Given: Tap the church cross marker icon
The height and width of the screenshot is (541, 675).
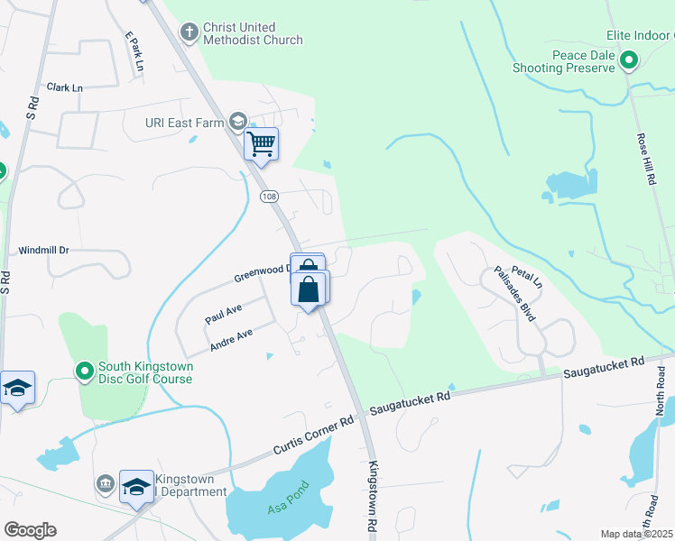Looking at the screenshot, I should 189,33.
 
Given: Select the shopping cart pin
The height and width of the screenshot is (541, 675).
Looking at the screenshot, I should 261,143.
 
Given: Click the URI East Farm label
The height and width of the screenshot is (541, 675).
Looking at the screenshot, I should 184,122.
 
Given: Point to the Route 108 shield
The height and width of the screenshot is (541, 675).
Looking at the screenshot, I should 268,196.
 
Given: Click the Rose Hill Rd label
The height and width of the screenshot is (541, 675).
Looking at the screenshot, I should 646,160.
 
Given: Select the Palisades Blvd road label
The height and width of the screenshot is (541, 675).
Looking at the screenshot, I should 515,294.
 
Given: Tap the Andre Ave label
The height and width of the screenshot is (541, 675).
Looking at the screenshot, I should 231,337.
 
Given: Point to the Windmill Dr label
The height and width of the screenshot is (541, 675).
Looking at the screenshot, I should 44,249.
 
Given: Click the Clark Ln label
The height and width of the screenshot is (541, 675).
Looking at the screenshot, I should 65,87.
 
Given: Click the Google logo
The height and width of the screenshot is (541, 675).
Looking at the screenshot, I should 30,530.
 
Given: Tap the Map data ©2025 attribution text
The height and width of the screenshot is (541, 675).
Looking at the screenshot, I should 637,534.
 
